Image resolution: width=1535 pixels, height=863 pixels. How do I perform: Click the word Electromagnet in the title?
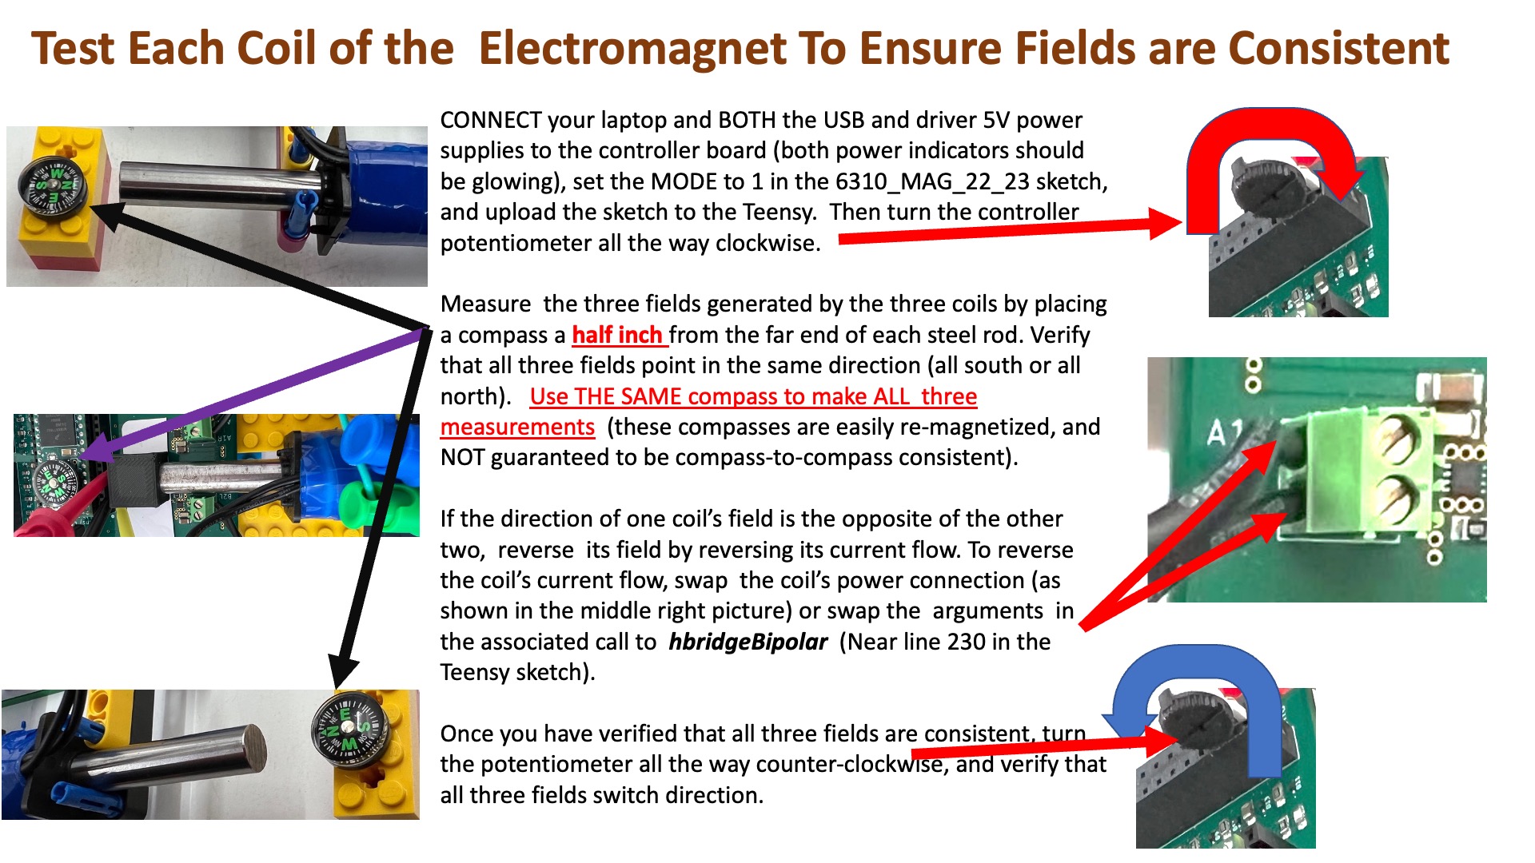tap(632, 48)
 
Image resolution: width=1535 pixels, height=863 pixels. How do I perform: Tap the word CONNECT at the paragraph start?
tap(491, 121)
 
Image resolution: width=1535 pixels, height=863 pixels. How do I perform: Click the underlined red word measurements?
tap(517, 428)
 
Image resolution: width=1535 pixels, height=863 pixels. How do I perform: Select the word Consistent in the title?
tap(1338, 48)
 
